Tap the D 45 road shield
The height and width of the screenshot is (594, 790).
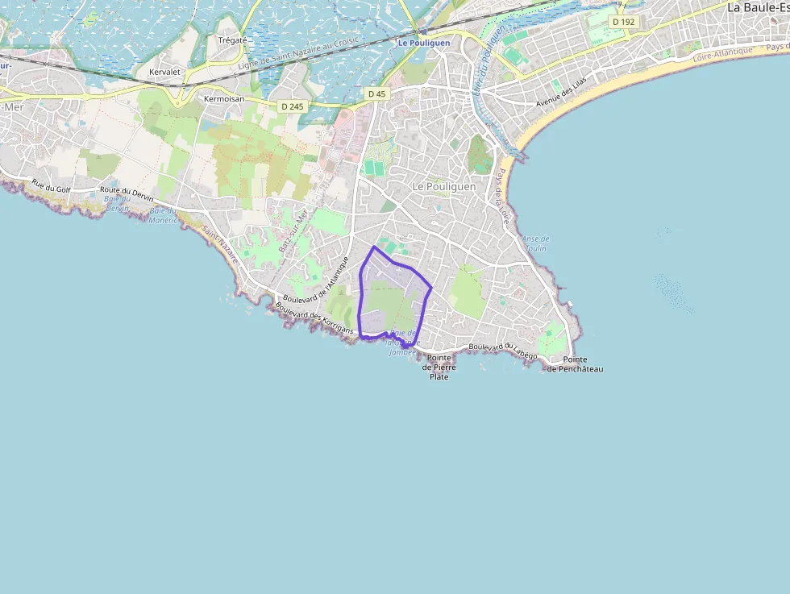pyautogui.click(x=376, y=94)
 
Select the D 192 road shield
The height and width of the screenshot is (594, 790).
pyautogui.click(x=624, y=22)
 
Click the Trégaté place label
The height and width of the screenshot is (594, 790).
pyautogui.click(x=232, y=39)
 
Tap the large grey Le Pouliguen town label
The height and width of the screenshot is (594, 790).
pyautogui.click(x=443, y=186)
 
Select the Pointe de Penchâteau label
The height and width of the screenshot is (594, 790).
pyautogui.click(x=575, y=364)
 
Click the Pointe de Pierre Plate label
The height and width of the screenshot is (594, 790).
pyautogui.click(x=439, y=367)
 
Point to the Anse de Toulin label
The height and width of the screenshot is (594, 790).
pyautogui.click(x=535, y=243)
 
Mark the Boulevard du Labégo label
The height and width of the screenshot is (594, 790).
pyautogui.click(x=502, y=347)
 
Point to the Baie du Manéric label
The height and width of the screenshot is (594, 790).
pyautogui.click(x=163, y=215)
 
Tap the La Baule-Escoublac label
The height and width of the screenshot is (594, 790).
pyautogui.click(x=758, y=7)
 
